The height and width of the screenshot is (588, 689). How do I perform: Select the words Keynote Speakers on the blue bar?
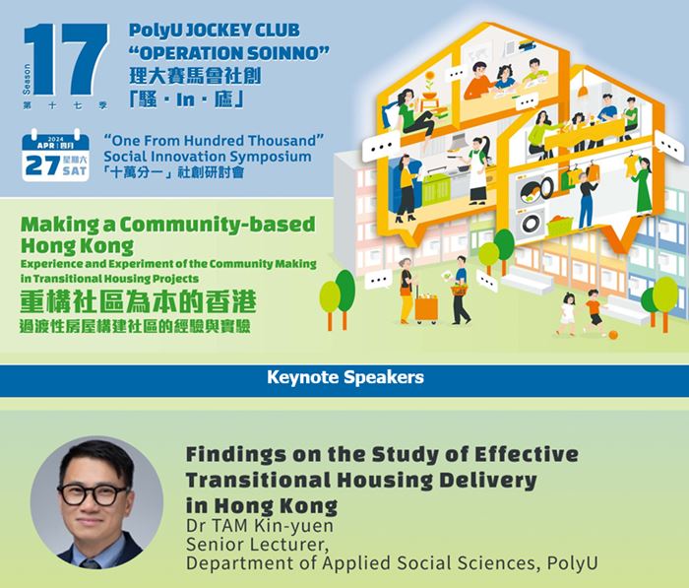tap(344, 377)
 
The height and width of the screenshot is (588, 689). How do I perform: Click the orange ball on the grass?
tap(613, 334)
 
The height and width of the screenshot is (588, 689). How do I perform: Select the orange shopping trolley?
tap(426, 308)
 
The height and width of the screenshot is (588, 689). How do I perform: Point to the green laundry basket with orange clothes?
tap(560, 227)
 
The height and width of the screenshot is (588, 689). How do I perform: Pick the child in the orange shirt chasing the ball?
tap(594, 314)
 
